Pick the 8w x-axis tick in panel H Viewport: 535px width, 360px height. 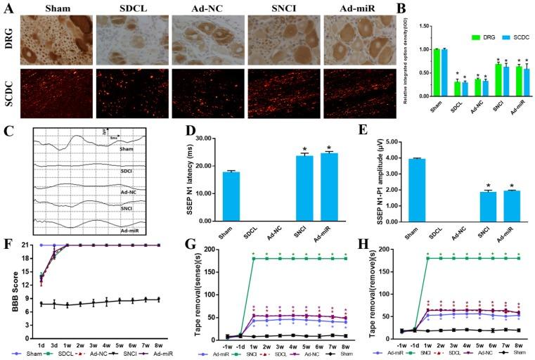[x=518, y=346]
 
